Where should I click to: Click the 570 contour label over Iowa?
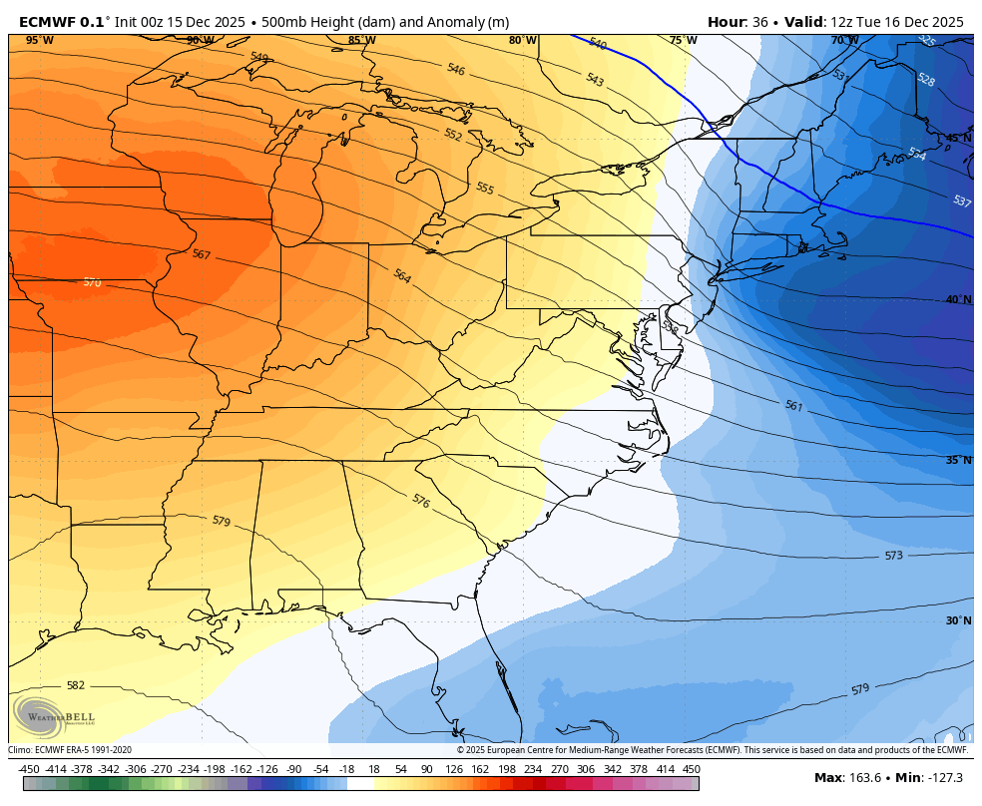[x=92, y=282]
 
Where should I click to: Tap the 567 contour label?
[x=202, y=254]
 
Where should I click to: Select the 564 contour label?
[x=402, y=276]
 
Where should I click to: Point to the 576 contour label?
[x=420, y=501]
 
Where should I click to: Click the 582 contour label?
[x=76, y=685]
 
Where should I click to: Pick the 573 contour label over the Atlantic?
[x=893, y=556]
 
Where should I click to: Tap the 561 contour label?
[x=793, y=406]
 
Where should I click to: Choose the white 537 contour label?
[x=961, y=201]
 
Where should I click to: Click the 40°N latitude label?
[x=958, y=299]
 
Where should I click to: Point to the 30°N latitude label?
[x=958, y=620]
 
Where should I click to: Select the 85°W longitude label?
[x=361, y=41]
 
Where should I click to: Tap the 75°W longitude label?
[x=683, y=41]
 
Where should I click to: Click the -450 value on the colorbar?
[x=29, y=769]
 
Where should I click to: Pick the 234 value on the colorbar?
[x=533, y=769]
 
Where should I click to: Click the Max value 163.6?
[x=865, y=778]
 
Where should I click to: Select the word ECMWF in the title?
[x=47, y=21]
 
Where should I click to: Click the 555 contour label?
[x=485, y=188]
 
